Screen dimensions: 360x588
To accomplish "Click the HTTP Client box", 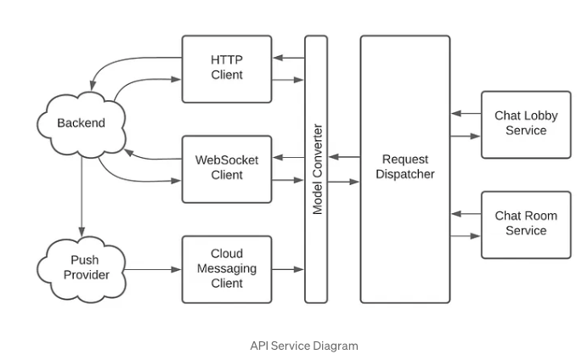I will coord(227,68).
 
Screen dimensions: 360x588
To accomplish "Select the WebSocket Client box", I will coord(227,168).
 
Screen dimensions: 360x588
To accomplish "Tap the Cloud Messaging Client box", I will coord(227,268).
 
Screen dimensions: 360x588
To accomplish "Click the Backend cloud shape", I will coord(82,123).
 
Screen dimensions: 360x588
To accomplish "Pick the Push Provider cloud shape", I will coord(84,267).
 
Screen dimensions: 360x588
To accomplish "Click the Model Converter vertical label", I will coord(317,169).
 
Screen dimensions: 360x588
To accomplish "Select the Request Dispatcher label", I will coord(404,166).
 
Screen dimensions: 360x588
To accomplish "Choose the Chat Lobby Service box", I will coord(526,124).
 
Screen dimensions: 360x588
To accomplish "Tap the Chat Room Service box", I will coord(526,224).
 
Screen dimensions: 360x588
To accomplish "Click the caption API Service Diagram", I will coord(304,346).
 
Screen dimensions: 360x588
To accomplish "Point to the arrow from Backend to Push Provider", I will coord(82,195).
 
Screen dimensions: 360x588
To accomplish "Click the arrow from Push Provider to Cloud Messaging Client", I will coord(154,269).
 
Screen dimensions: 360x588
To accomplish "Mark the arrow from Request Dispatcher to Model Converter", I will coord(344,157).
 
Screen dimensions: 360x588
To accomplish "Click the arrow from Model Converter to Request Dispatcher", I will coord(344,181).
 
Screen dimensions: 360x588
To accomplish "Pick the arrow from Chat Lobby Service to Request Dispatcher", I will coord(466,113).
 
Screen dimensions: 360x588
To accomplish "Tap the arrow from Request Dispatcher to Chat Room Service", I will coord(466,236).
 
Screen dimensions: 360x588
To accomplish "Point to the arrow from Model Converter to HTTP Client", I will coord(289,58).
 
